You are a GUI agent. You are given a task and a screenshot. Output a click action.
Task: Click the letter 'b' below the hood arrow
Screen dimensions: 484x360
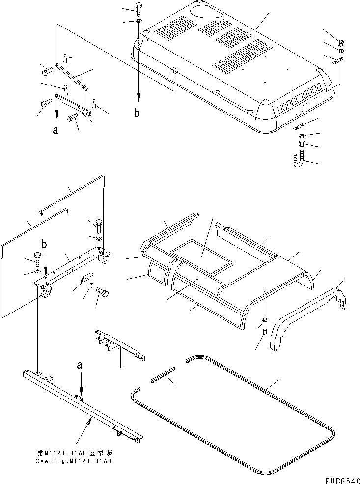pyautogui.click(x=137, y=114)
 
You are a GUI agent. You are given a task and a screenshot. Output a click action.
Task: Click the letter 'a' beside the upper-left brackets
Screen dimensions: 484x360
pyautogui.click(x=55, y=130)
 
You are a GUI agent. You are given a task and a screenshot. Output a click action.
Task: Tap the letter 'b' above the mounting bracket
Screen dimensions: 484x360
pyautogui.click(x=44, y=244)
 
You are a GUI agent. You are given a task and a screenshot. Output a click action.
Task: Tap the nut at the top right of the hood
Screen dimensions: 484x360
pyautogui.click(x=341, y=42)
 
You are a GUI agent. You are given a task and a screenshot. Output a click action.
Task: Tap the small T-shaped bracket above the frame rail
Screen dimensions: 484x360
pyautogui.click(x=118, y=344)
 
